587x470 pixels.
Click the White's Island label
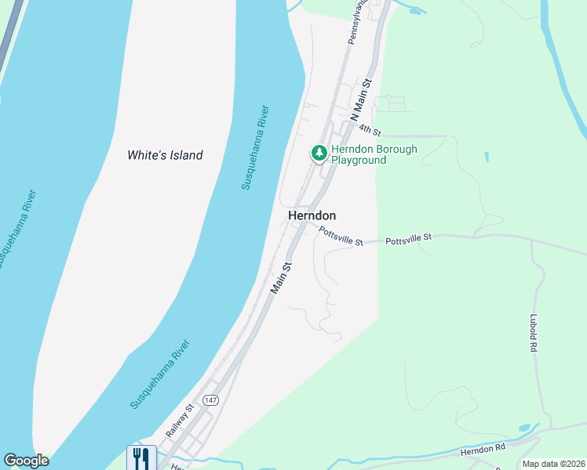(x=165, y=155)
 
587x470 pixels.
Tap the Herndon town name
(x=312, y=215)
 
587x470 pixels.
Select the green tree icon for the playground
(x=319, y=152)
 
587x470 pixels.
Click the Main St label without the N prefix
(x=282, y=278)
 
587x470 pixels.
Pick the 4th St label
(x=370, y=129)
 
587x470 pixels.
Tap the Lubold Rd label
(x=533, y=332)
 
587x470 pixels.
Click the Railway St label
(x=180, y=421)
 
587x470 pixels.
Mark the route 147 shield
(x=210, y=399)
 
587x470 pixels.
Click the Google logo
(x=26, y=461)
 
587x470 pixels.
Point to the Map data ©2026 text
(x=554, y=464)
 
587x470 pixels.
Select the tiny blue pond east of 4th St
(x=487, y=157)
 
